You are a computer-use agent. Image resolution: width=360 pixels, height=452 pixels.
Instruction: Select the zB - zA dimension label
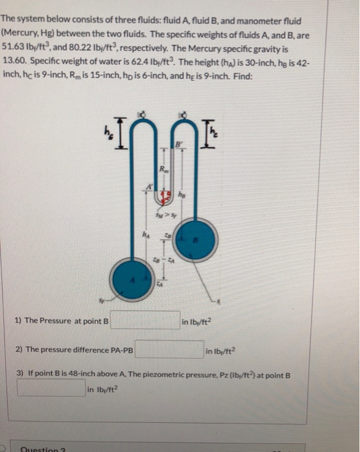[166, 257]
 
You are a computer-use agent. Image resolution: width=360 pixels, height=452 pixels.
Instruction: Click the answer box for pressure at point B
[145, 320]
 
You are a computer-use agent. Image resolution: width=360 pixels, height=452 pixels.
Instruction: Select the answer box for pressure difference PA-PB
[169, 349]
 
